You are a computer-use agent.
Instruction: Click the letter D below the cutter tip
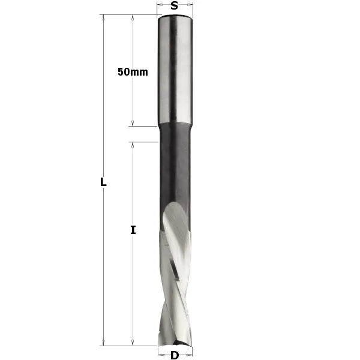click(x=174, y=355)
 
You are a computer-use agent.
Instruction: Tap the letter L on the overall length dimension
click(x=103, y=182)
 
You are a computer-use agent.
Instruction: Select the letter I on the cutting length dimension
click(x=133, y=229)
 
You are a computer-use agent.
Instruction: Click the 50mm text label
click(x=133, y=71)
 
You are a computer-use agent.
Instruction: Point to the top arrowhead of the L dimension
click(x=104, y=18)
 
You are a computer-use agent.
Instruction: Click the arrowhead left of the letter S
click(x=159, y=6)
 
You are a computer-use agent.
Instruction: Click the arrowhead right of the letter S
click(x=193, y=6)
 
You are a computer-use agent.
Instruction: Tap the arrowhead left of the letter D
click(x=160, y=355)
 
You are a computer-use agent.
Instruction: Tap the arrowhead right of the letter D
click(x=188, y=355)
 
